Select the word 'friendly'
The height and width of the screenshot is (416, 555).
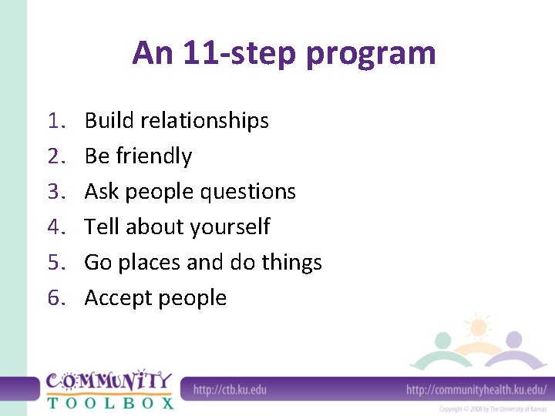tap(153, 156)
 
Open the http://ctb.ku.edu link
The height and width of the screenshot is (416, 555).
tap(230, 390)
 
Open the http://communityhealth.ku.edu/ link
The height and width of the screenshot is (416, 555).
tap(476, 390)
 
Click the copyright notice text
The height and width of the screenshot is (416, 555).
tap(493, 408)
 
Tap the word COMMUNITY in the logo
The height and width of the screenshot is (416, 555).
tap(109, 381)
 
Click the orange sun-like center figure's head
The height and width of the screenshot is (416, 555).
tap(478, 327)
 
